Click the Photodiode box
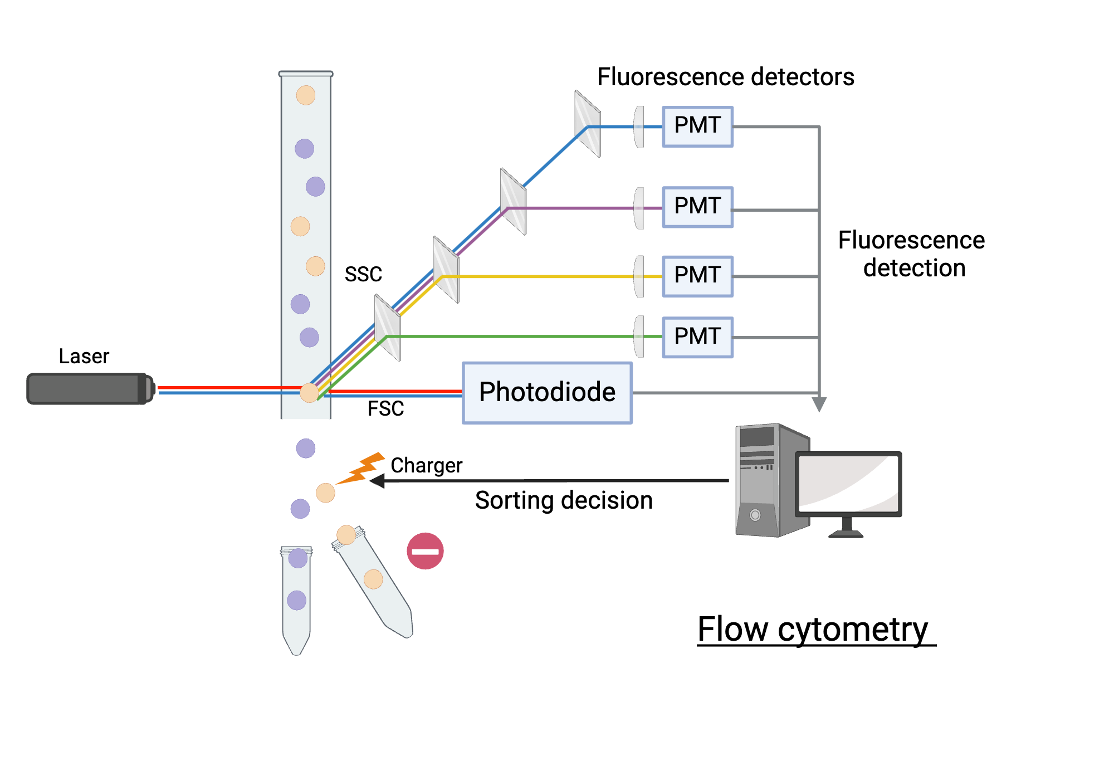point(547,393)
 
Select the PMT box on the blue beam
point(697,126)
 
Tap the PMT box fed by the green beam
point(697,337)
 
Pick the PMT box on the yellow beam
point(697,276)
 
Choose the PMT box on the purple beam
point(697,207)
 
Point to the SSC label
point(363,274)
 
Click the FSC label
point(385,408)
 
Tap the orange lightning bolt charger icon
point(362,468)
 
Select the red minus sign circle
point(425,551)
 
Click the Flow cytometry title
point(813,630)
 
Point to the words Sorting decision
point(564,500)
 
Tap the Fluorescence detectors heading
point(725,77)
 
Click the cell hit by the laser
point(309,393)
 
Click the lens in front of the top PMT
point(639,127)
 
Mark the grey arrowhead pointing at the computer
point(819,403)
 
